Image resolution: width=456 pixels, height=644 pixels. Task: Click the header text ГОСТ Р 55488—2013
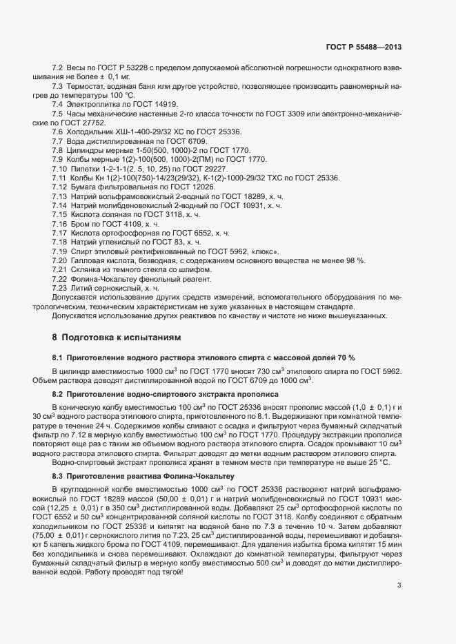coord(364,47)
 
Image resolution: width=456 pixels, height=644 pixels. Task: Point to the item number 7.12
coord(59,187)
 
